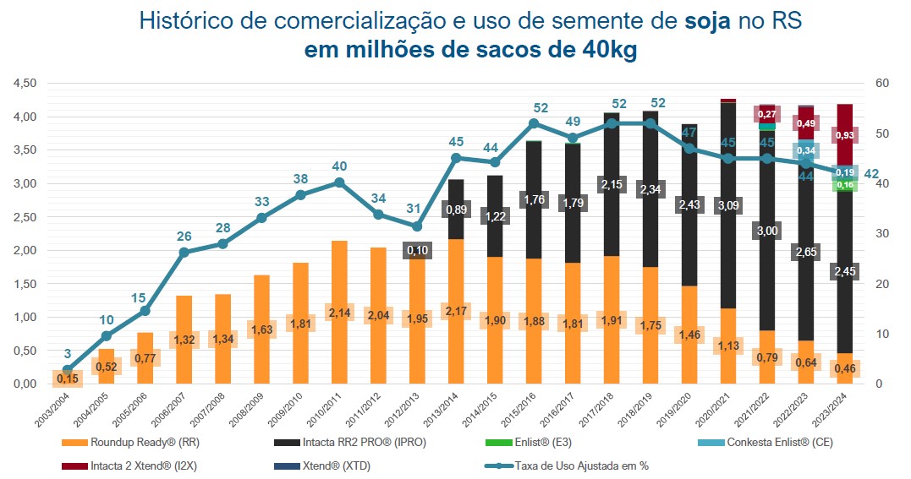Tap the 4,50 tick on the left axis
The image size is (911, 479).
tap(24, 83)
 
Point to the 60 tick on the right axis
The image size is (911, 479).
tap(882, 83)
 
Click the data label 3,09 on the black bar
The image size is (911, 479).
tap(727, 205)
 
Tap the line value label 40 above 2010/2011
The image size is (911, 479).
tap(339, 166)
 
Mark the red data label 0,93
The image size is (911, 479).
tap(844, 135)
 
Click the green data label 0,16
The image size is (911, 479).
tap(844, 185)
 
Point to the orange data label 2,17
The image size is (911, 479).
tap(456, 322)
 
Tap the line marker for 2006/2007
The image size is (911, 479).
tap(184, 252)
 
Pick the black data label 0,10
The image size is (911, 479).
tap(417, 251)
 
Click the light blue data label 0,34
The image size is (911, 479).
tap(805, 150)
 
